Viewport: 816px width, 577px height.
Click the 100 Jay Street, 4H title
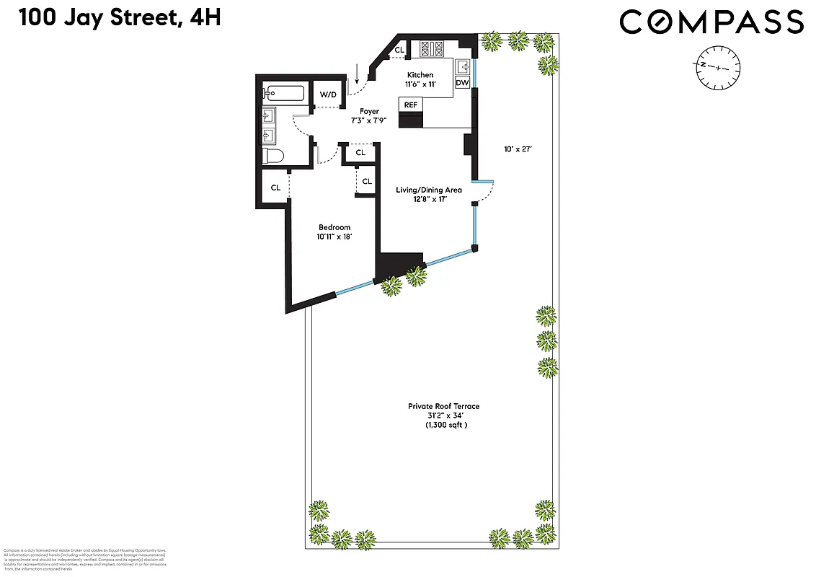coord(120,18)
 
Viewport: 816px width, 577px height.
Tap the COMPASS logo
coord(711,22)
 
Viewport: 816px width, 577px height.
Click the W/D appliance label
coord(328,94)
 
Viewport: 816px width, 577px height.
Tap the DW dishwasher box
coord(462,83)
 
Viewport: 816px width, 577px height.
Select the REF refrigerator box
coord(411,105)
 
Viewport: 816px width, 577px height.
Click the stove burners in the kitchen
coord(430,48)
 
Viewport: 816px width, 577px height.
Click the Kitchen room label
coord(420,75)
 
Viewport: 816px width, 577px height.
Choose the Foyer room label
coord(370,112)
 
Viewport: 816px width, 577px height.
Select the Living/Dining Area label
coord(428,190)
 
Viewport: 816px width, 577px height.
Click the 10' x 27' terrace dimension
coord(518,150)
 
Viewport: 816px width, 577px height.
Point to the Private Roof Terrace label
coord(443,407)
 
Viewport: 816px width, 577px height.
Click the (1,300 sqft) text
coord(445,426)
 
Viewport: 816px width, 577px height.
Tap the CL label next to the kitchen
coord(399,50)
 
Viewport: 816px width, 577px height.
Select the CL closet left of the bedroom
coord(275,188)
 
